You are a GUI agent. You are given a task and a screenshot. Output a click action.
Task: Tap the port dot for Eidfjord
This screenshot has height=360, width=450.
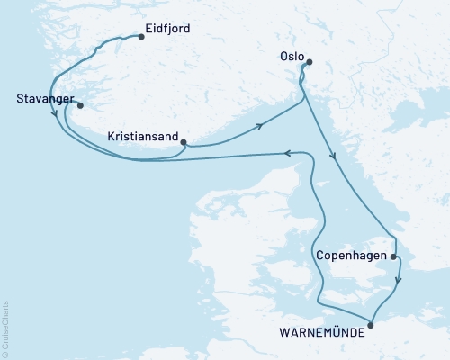[141, 38]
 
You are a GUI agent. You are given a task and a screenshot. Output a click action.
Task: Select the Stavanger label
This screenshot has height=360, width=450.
[44, 99]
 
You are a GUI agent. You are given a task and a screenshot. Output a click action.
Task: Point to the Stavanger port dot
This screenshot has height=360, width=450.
[80, 103]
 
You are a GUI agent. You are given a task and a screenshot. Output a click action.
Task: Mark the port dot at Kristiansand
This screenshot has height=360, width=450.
[184, 142]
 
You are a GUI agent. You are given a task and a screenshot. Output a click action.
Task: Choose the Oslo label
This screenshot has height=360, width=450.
[291, 56]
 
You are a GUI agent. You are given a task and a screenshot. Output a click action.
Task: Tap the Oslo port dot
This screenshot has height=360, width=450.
[309, 62]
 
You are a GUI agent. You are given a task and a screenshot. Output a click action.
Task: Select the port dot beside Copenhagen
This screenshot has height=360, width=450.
[394, 256]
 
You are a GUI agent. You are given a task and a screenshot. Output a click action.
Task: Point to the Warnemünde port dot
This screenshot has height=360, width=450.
[372, 326]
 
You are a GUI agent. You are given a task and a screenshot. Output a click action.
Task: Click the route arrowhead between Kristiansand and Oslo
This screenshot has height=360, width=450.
[259, 125]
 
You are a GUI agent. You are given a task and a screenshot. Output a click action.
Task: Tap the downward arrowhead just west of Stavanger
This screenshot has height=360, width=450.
[57, 114]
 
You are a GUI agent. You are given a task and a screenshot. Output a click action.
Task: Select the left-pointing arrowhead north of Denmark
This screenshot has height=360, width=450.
[288, 154]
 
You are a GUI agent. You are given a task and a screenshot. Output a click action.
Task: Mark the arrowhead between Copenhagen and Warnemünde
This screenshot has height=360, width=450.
[399, 281]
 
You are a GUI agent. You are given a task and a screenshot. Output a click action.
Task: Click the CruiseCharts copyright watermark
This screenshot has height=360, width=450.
[5, 329]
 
